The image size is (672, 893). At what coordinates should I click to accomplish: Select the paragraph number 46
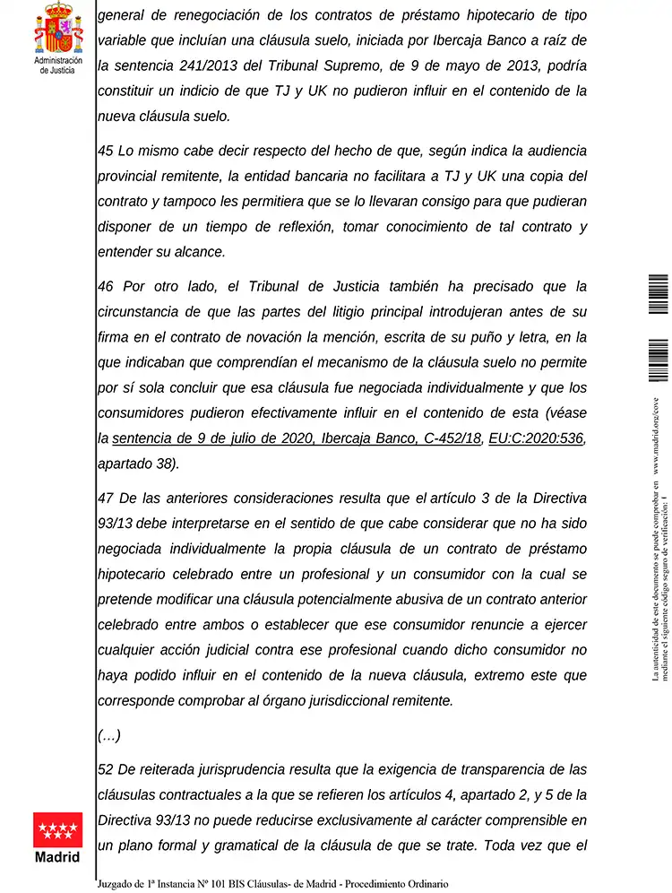point(105,287)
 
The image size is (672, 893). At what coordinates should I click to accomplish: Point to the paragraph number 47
point(105,499)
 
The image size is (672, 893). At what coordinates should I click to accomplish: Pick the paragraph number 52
point(105,769)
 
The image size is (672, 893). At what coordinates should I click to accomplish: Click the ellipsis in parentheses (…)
point(108,735)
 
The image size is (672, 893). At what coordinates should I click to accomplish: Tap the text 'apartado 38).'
point(138,464)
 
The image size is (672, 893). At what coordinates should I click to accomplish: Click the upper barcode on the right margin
point(658,294)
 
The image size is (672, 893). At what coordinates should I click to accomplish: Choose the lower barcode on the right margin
point(658,359)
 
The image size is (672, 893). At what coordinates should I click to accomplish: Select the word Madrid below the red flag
point(57,856)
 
